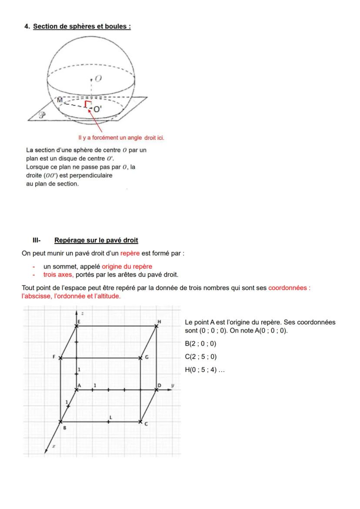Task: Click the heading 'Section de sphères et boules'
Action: tap(82, 27)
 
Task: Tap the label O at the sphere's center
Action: tap(98, 78)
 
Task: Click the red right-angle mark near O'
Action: tap(87, 103)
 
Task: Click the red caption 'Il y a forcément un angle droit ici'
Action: tap(121, 138)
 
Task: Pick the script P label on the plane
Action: tap(42, 116)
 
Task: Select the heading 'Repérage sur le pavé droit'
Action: tap(96, 240)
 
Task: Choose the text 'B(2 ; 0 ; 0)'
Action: tap(200, 344)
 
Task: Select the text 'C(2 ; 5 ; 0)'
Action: tap(200, 357)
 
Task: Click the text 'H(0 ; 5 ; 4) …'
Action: tap(205, 370)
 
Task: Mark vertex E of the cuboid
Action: tap(77, 326)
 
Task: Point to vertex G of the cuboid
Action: tap(140, 358)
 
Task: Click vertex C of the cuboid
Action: tap(140, 422)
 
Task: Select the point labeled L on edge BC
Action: tap(109, 421)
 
